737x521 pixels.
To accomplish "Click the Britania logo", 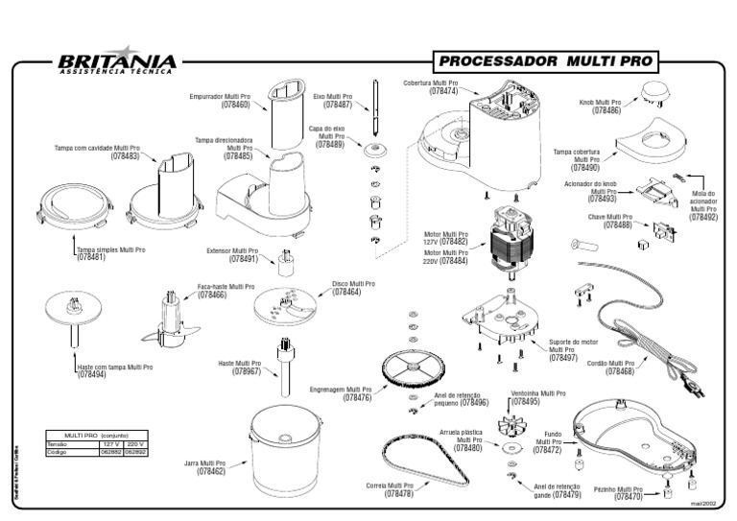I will tap(116, 61).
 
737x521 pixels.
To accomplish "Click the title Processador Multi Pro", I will tap(544, 61).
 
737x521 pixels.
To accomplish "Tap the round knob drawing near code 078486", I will tap(656, 92).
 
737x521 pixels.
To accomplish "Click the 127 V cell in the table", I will tap(112, 444).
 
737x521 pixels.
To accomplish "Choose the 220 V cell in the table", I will tap(134, 444).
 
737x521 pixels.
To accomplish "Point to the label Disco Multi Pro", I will tap(353, 284).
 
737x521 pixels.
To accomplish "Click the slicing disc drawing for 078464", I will tap(289, 306).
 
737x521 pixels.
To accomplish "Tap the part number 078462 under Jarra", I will tap(211, 471).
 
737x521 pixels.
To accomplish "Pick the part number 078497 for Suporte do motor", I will tap(563, 358).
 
